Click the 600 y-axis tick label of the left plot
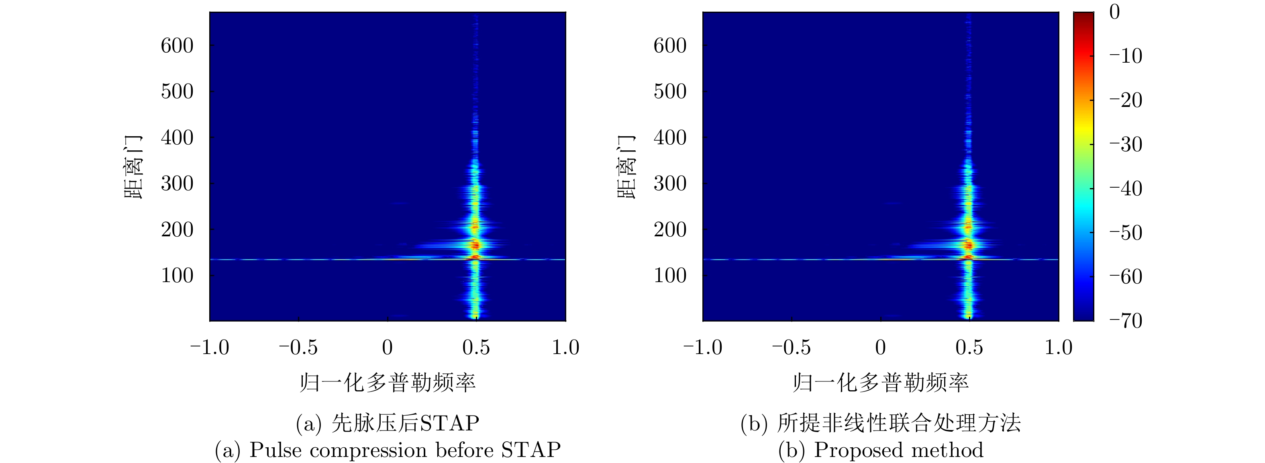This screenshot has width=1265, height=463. (177, 46)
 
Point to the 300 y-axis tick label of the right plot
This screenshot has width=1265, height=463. (670, 184)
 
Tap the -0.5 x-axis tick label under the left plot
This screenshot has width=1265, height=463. (298, 348)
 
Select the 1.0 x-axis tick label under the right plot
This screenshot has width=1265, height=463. (1058, 348)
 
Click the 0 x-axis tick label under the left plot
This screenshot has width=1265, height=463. (388, 348)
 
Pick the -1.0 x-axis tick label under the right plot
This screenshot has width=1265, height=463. (702, 348)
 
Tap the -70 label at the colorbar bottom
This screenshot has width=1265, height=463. (1126, 321)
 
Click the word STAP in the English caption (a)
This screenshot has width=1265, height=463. (531, 450)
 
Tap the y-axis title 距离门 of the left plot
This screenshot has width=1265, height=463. (133, 167)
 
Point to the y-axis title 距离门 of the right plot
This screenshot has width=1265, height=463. (626, 167)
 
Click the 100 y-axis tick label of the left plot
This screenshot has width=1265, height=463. (177, 276)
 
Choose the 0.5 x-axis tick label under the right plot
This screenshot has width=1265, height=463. (969, 348)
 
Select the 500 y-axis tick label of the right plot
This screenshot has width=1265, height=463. (670, 92)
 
